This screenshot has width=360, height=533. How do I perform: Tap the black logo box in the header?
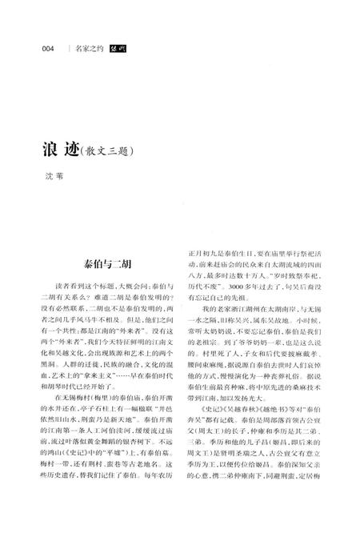tap(120, 49)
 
